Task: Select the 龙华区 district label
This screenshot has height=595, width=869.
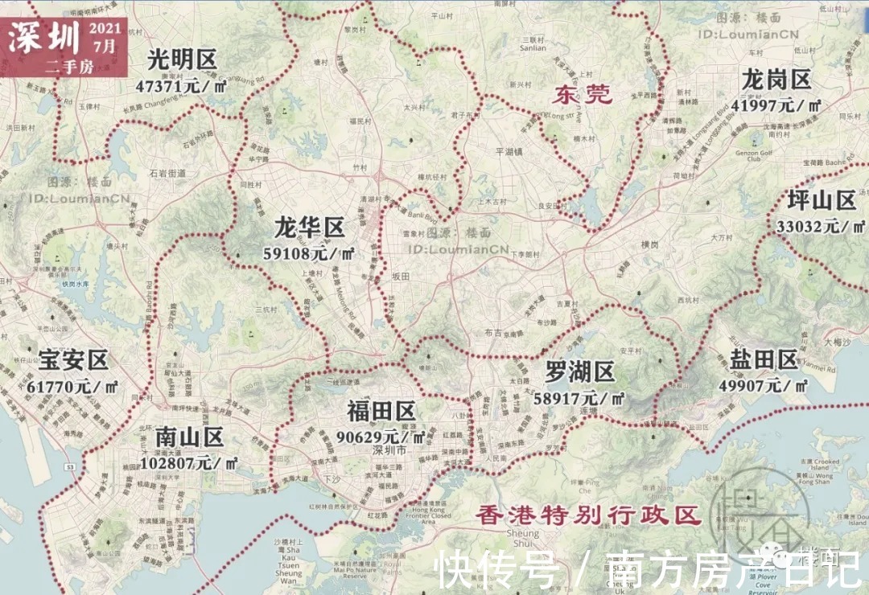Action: (x=309, y=228)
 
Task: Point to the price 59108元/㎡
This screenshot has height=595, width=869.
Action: (x=309, y=253)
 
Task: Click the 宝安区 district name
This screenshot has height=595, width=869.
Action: (x=72, y=360)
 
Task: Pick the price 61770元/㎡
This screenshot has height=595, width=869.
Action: (x=72, y=386)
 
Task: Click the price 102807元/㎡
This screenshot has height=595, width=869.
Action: (x=189, y=462)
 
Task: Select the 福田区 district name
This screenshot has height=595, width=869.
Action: (x=381, y=411)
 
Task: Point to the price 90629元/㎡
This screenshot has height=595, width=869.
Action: (x=381, y=437)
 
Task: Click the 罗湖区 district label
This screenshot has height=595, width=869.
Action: (x=579, y=371)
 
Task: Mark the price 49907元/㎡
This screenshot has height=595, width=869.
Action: (x=764, y=384)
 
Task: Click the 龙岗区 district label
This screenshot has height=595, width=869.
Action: (x=776, y=80)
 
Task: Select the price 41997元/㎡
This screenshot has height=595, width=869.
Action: (x=775, y=105)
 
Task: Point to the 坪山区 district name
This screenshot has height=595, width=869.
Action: (x=821, y=200)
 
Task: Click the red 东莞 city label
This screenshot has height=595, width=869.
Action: (x=583, y=94)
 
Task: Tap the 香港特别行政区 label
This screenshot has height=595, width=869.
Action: (x=587, y=515)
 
